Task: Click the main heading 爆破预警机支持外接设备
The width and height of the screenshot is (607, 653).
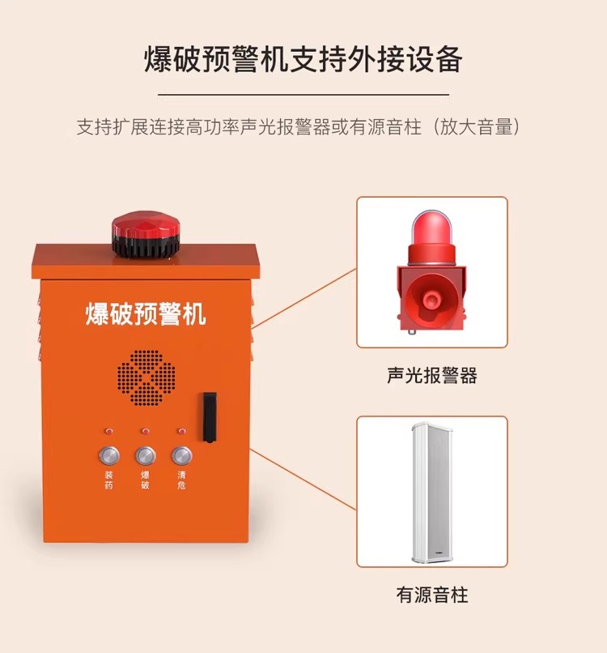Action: tap(303, 59)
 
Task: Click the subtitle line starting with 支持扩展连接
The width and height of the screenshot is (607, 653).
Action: tap(299, 126)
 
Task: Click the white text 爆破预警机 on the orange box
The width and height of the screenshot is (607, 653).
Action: tap(146, 314)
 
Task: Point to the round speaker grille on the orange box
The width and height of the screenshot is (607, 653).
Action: tap(146, 378)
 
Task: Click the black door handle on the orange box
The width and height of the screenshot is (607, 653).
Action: tap(210, 417)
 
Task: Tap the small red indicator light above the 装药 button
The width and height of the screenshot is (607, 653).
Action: tap(108, 431)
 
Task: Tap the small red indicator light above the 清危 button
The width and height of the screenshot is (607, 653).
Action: tap(181, 431)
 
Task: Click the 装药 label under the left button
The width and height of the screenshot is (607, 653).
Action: tap(108, 480)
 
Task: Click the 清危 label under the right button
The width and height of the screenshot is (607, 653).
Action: tap(181, 480)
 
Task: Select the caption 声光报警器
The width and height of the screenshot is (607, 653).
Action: tap(432, 375)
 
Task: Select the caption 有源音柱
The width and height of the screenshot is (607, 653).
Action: tap(432, 595)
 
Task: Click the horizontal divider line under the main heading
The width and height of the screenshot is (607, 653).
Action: tap(303, 95)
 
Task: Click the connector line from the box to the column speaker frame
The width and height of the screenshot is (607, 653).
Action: tap(303, 479)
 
